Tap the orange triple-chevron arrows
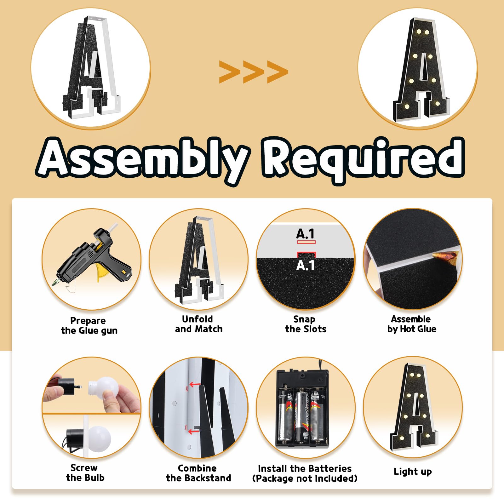(254, 72)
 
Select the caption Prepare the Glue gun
(89, 326)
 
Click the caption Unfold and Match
(198, 324)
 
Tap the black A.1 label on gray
(306, 234)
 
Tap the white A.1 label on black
(306, 265)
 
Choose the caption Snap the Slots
(306, 324)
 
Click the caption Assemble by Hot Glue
(412, 324)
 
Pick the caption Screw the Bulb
(85, 472)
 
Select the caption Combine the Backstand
(198, 473)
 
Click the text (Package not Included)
(305, 478)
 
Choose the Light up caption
(413, 472)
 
